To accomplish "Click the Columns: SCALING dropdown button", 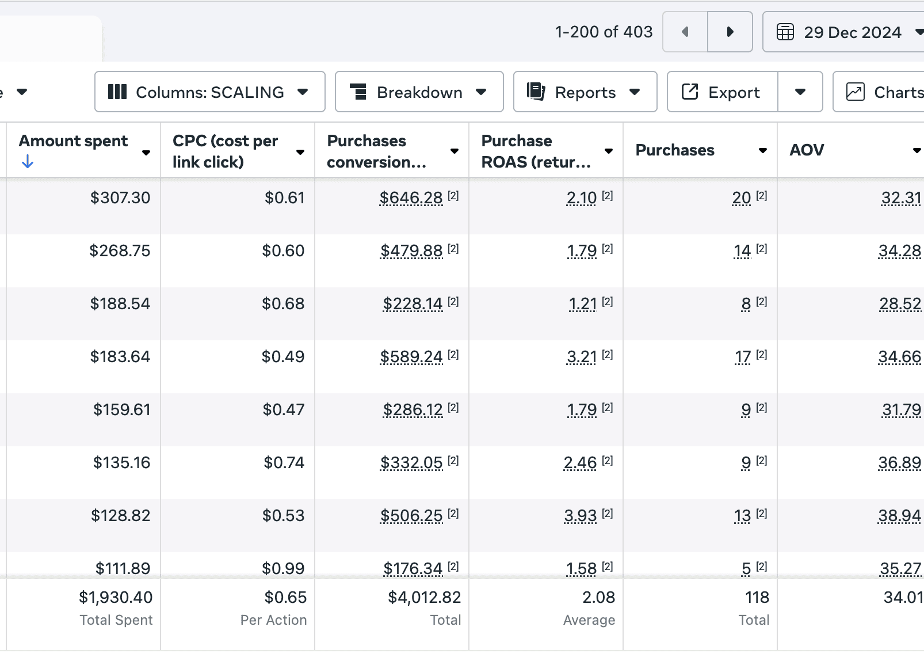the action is pos(209,92).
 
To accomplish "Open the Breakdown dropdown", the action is pos(419,92).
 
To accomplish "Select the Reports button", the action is pos(585,92).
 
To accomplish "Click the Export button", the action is pos(722,92).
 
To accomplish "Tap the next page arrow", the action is pos(730,32).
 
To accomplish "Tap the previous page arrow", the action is pos(685,32).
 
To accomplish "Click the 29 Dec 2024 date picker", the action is pos(843,32).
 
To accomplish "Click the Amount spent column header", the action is pos(74,141).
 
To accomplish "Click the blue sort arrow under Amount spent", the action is pos(28,161).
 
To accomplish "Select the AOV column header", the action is pos(807,150).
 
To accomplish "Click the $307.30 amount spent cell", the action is pos(120,198).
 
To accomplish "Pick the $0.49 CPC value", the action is pos(283,356).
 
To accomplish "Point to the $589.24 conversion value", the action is pos(411,356).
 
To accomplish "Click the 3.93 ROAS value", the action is pos(581,515).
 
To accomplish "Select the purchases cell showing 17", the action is pos(743,356).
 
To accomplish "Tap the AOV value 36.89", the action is pos(900,463).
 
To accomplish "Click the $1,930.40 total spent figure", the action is pos(116,597).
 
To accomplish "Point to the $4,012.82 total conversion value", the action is pos(425,597).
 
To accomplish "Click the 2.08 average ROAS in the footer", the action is pos(598,597).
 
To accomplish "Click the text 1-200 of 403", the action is pos(604,32).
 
